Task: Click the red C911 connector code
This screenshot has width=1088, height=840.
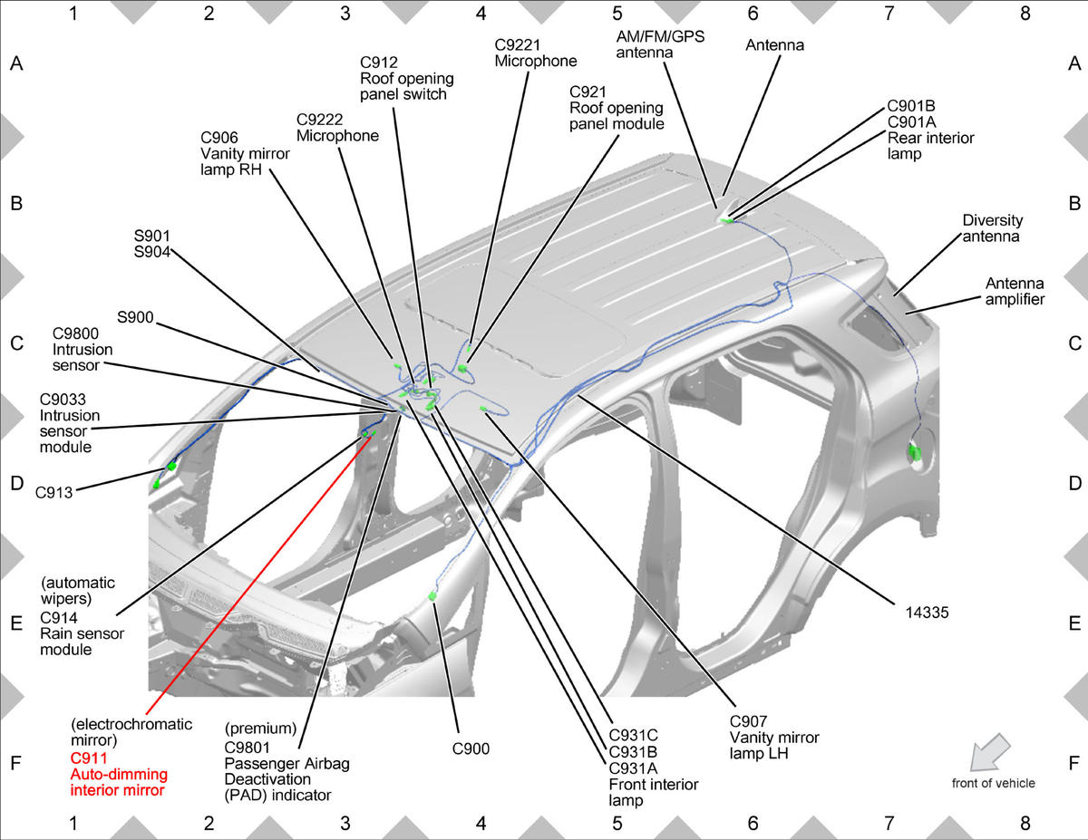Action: tap(89, 758)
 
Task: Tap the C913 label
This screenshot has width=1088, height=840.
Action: tap(54, 493)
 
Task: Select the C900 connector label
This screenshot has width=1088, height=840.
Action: tap(471, 749)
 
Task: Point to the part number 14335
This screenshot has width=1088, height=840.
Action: tap(927, 613)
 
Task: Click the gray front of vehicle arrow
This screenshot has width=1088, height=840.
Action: tap(989, 751)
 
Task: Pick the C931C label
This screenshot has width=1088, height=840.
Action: tap(634, 736)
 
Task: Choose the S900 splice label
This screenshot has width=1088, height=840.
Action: tap(135, 317)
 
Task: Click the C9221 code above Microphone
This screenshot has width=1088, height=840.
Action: tap(518, 45)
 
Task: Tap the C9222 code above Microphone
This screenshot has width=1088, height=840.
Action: tap(319, 120)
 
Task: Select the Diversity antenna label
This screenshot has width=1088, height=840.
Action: tap(993, 228)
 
